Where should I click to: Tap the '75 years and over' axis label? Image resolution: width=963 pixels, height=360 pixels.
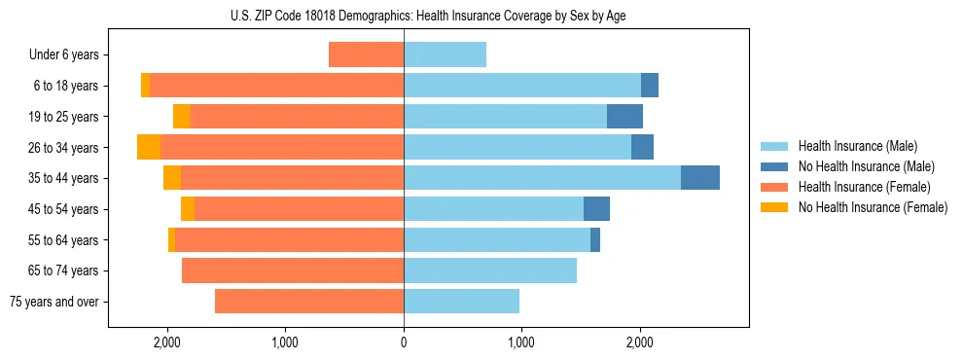(x=54, y=302)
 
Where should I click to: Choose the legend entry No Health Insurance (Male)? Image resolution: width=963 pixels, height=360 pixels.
(x=866, y=166)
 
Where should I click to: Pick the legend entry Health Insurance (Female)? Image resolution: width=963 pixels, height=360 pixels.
(x=864, y=187)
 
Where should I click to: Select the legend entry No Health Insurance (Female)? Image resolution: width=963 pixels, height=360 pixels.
(x=873, y=207)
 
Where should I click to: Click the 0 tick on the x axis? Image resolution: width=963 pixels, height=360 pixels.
(x=404, y=342)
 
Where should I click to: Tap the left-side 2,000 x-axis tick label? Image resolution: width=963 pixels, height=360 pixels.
(x=167, y=342)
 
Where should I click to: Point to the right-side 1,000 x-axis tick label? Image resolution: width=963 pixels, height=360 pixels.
(x=521, y=342)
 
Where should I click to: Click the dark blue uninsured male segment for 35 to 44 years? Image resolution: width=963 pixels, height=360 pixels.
(x=699, y=178)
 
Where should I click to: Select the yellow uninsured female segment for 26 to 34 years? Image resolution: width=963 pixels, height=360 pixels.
(x=149, y=147)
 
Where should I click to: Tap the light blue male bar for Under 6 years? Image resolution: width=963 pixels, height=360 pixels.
(x=445, y=54)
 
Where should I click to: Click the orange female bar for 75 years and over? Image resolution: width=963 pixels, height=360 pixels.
(x=309, y=302)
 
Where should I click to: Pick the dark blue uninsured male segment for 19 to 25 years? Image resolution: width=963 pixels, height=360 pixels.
(x=624, y=117)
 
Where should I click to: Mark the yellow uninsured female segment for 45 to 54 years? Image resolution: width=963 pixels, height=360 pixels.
(x=188, y=209)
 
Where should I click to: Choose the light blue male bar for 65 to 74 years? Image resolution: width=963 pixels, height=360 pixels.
(x=490, y=270)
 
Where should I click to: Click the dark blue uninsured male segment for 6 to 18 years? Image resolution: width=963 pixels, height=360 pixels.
(x=650, y=86)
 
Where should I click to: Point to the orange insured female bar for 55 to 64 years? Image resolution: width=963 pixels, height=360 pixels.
(x=290, y=240)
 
